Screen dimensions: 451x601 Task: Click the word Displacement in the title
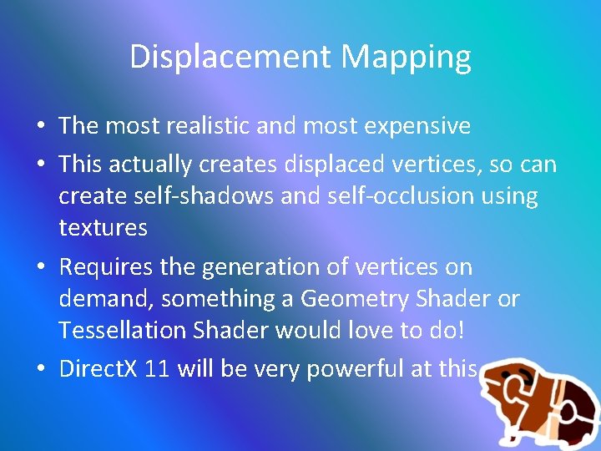[x=230, y=57]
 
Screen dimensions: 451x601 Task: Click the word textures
[x=103, y=227]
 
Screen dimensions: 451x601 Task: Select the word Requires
[x=105, y=267]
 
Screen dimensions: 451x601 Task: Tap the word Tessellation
[x=123, y=330]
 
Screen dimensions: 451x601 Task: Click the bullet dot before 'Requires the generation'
[x=40, y=267]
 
